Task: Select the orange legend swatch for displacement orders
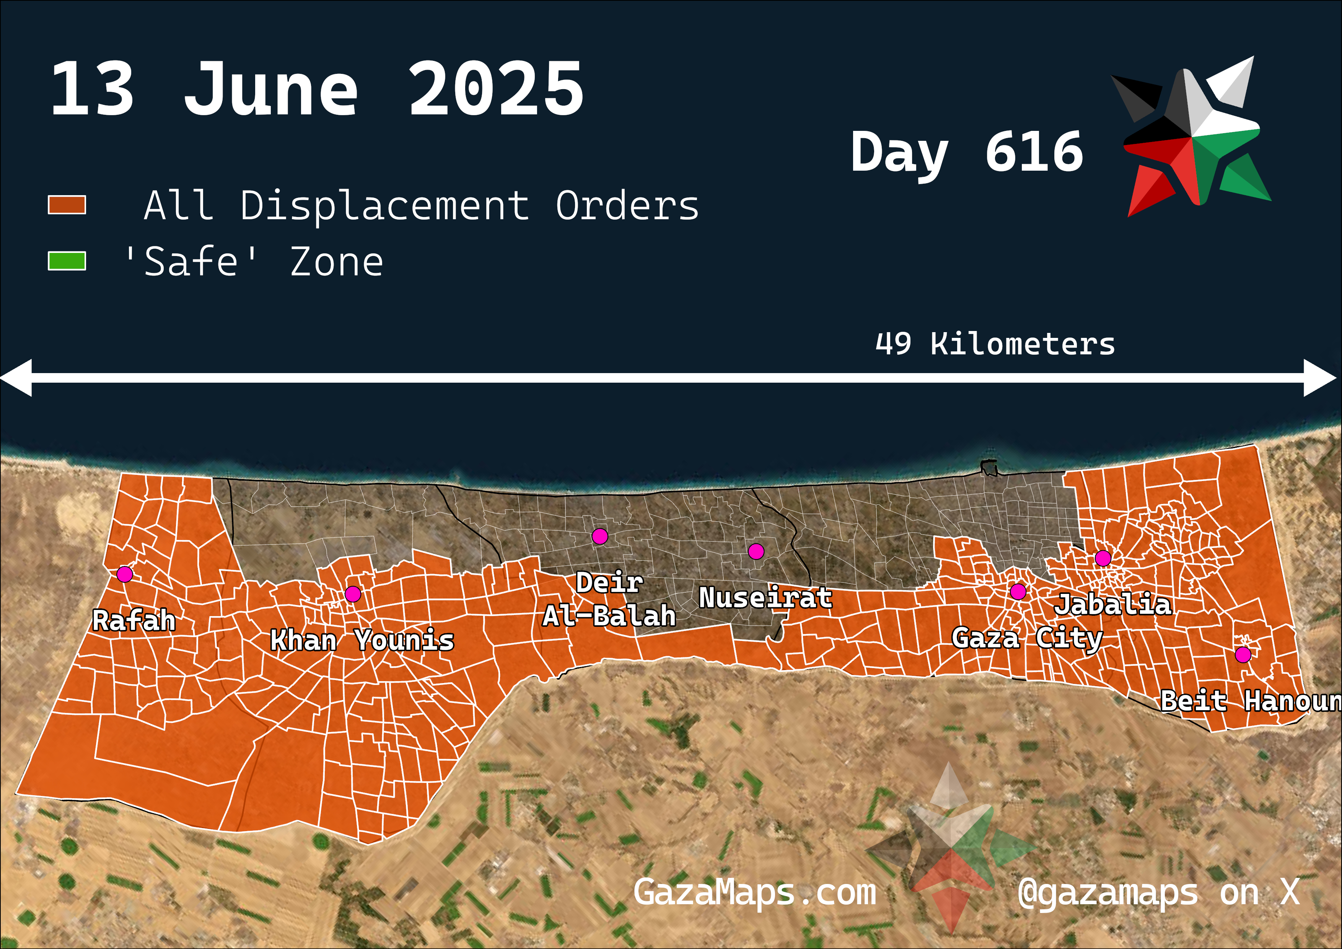point(67,205)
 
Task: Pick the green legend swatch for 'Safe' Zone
point(67,261)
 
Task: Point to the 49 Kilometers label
point(995,344)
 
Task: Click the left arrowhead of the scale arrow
point(16,378)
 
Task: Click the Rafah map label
point(134,620)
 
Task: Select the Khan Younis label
point(362,640)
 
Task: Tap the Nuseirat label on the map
point(765,598)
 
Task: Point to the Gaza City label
point(1027,638)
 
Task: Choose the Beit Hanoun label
point(1250,701)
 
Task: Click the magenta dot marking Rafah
point(124,574)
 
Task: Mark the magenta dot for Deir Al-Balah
point(600,536)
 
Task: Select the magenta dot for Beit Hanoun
point(1243,655)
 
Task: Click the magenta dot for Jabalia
point(1103,558)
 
